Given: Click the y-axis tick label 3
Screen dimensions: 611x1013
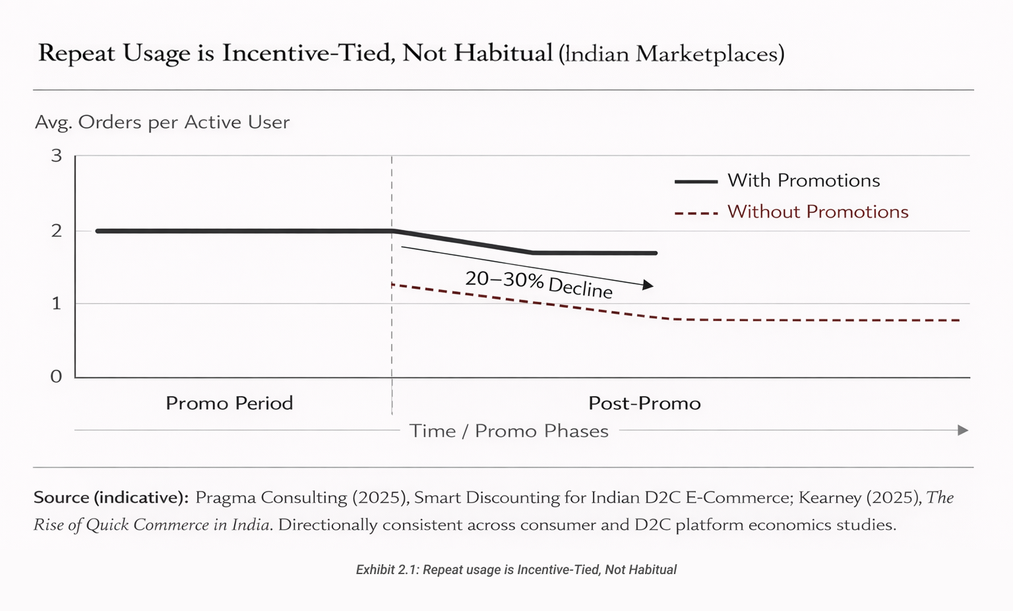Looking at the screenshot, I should tap(56, 156).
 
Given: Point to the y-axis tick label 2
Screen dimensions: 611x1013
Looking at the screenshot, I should tap(56, 231).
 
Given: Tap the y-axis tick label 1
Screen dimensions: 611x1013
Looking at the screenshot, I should tap(56, 303).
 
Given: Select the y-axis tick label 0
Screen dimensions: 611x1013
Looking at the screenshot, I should tap(56, 376).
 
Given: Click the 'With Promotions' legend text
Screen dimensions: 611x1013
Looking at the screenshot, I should tap(803, 181).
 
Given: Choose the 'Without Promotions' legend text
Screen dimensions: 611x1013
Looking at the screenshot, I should tap(817, 212).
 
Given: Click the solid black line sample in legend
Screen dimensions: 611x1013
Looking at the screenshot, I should tap(696, 181).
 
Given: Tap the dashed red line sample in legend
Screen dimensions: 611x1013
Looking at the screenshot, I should tap(696, 213).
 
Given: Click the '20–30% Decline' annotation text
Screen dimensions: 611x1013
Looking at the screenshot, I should tap(539, 284).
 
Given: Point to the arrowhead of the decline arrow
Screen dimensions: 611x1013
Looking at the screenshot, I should tap(648, 285).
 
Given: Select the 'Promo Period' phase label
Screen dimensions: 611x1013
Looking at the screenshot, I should tap(229, 403).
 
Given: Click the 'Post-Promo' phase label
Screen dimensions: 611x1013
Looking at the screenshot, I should tap(644, 403).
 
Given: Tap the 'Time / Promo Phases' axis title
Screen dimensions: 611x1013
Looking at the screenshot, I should tap(508, 431).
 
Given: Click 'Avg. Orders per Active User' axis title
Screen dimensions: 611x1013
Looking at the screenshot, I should tap(162, 123).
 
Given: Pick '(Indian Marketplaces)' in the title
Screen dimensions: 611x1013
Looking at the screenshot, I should tap(671, 54).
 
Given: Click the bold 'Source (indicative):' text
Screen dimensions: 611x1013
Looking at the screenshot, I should tap(111, 498).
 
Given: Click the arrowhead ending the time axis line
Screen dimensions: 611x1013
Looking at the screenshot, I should tap(963, 430).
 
